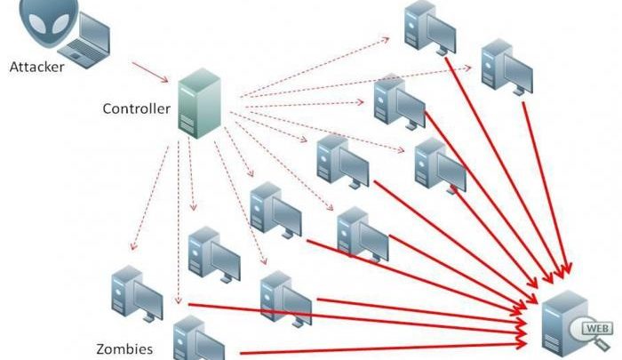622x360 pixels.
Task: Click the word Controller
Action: (x=138, y=108)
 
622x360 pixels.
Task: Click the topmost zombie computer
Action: (x=425, y=26)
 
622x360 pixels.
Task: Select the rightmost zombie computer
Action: (x=504, y=66)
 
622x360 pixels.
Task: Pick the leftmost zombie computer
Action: (x=134, y=293)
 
